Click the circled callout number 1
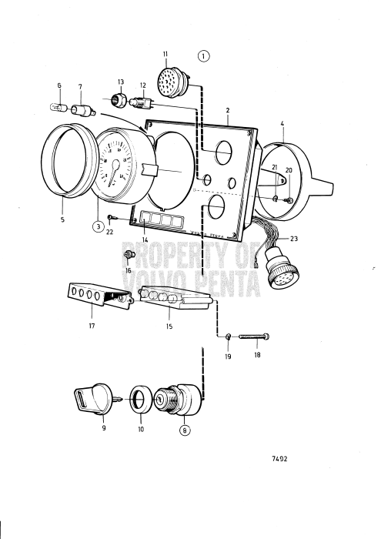(203, 55)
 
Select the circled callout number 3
(99, 226)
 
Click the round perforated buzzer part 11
(167, 80)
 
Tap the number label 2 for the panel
(228, 111)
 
